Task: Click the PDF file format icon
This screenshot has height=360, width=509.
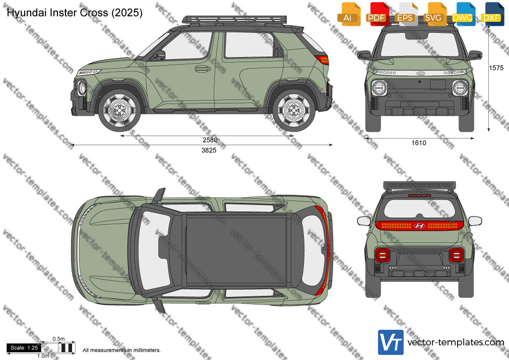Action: (x=376, y=14)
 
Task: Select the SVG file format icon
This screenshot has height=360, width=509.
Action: (x=434, y=14)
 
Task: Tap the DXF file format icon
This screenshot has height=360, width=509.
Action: (x=491, y=14)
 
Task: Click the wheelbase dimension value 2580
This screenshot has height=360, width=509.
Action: (x=210, y=140)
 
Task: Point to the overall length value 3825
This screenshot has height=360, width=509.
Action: (x=209, y=150)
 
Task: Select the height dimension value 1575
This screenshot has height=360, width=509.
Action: (x=496, y=68)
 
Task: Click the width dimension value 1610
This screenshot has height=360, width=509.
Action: (x=419, y=143)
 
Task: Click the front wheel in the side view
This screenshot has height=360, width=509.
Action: (x=119, y=110)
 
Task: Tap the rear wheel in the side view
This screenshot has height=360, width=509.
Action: (x=294, y=110)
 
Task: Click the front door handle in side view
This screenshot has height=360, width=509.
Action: (x=203, y=69)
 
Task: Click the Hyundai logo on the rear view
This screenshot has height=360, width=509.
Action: (x=419, y=226)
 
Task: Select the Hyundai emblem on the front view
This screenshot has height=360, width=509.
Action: (x=420, y=73)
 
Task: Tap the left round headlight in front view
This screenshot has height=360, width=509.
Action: (x=379, y=87)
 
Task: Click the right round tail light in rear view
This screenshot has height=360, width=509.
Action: (x=457, y=256)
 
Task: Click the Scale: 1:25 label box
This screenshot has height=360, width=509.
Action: (x=24, y=348)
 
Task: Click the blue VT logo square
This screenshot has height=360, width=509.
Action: (x=391, y=342)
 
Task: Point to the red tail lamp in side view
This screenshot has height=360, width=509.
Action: (x=323, y=59)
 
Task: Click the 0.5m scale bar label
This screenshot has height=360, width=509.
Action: (x=59, y=339)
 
